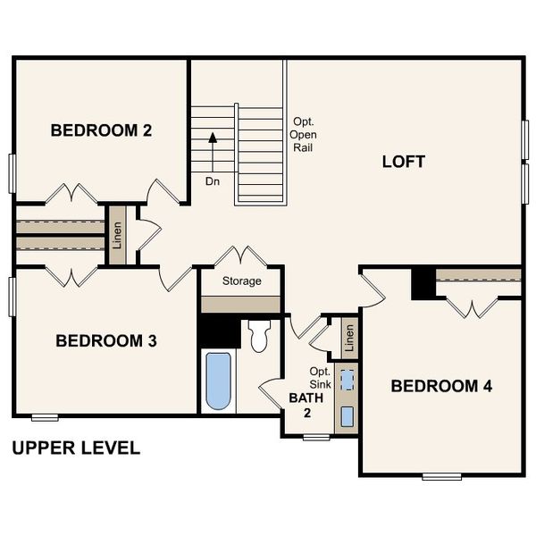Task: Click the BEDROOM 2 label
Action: tap(101, 130)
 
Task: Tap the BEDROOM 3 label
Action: tap(106, 340)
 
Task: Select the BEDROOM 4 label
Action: tap(441, 386)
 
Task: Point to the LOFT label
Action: tap(404, 162)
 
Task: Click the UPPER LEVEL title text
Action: tap(76, 448)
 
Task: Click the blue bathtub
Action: tap(218, 381)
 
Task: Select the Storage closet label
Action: tap(242, 281)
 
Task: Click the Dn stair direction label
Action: tap(213, 180)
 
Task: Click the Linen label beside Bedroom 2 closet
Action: tap(117, 235)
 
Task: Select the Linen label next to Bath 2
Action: tap(349, 337)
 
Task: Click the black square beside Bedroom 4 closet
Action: tap(422, 284)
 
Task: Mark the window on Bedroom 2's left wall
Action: tap(13, 173)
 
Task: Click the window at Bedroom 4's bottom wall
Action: tap(441, 476)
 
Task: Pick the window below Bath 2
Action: tap(316, 437)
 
